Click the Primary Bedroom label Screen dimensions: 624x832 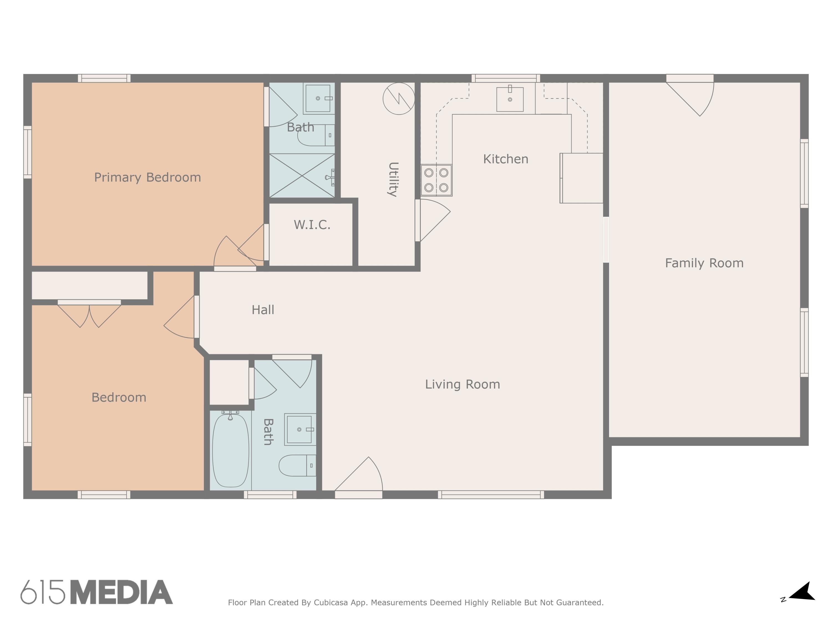click(148, 177)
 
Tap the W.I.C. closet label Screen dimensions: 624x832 click(312, 225)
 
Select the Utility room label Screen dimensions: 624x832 click(393, 179)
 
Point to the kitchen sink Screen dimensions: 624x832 click(510, 99)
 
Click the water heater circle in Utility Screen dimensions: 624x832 click(399, 98)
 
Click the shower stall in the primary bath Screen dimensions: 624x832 click(302, 175)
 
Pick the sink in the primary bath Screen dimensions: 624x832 click(318, 98)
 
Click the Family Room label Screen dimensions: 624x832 click(704, 263)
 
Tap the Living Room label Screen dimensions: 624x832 click(462, 384)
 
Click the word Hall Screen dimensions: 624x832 click(263, 310)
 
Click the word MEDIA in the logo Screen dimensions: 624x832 click(121, 592)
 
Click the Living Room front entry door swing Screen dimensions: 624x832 click(361, 476)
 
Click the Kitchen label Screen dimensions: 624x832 click(506, 159)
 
